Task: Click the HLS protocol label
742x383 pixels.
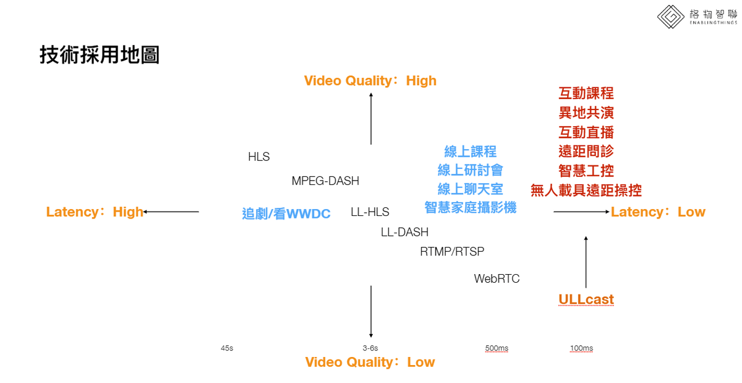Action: (x=258, y=157)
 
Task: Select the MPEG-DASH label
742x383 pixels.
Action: (x=325, y=181)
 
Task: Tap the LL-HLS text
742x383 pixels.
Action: (x=370, y=212)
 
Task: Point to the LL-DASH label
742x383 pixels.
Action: (x=404, y=232)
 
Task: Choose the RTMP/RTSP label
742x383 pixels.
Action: (x=452, y=251)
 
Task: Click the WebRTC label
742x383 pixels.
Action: (x=497, y=278)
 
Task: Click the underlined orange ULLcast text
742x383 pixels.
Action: (x=586, y=299)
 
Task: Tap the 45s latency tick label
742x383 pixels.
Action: (x=227, y=348)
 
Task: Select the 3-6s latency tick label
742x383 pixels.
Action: (x=370, y=348)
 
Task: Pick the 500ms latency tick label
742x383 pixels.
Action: (x=497, y=348)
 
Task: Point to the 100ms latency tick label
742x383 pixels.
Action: (x=581, y=348)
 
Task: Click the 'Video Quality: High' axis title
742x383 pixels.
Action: (x=370, y=80)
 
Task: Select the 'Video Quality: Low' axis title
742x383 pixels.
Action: (x=370, y=362)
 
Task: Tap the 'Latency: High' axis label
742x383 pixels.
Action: (x=95, y=212)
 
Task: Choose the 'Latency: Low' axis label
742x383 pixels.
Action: (x=658, y=212)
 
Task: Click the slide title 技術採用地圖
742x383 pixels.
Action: (x=100, y=54)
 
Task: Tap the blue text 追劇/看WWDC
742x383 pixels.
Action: (x=286, y=213)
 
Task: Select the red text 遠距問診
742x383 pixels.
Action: (x=586, y=151)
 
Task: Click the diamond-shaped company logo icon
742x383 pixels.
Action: (x=670, y=17)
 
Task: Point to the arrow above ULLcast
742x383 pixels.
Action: (x=586, y=262)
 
